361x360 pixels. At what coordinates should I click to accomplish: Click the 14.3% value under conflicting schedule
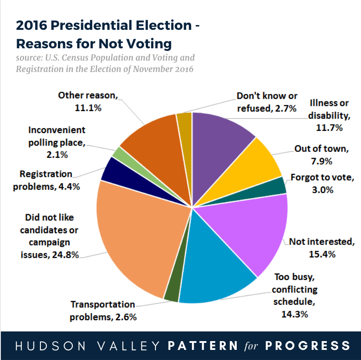coord(295,314)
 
